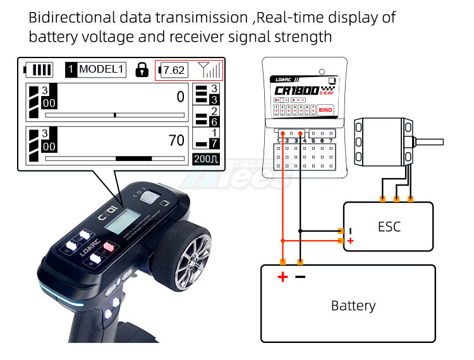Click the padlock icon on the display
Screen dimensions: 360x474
141,69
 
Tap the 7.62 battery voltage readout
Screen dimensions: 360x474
174,69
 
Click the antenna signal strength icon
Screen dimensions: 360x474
209,69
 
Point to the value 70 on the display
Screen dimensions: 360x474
176,140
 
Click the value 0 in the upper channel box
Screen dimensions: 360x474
180,97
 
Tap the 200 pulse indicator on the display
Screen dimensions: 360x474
206,159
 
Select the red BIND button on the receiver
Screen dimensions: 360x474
325,110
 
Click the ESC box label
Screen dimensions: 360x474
389,226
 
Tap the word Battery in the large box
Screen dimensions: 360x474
353,306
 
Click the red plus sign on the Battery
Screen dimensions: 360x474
283,277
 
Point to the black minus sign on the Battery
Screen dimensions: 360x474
300,277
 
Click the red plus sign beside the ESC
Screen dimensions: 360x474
350,241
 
